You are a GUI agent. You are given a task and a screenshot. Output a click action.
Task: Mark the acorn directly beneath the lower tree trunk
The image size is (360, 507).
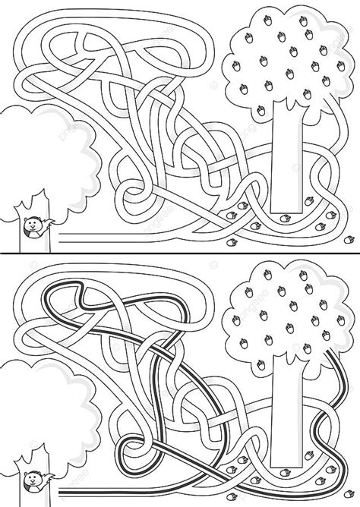pyautogui.click(x=286, y=474)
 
